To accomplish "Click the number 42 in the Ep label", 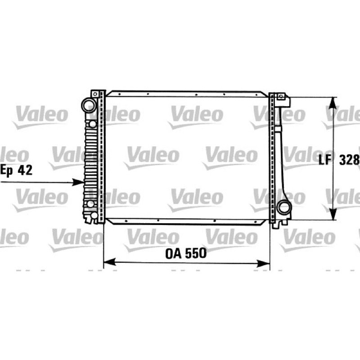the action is (x=25, y=170).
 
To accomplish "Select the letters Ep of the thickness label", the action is (x=6, y=171).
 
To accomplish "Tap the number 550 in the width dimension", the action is (x=196, y=253).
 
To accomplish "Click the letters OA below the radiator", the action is (x=174, y=253).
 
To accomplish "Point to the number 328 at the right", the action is (x=350, y=160).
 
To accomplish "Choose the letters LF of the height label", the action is (x=325, y=160).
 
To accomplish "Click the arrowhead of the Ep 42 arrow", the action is (x=78, y=182).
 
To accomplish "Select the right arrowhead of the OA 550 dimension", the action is (x=263, y=263).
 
